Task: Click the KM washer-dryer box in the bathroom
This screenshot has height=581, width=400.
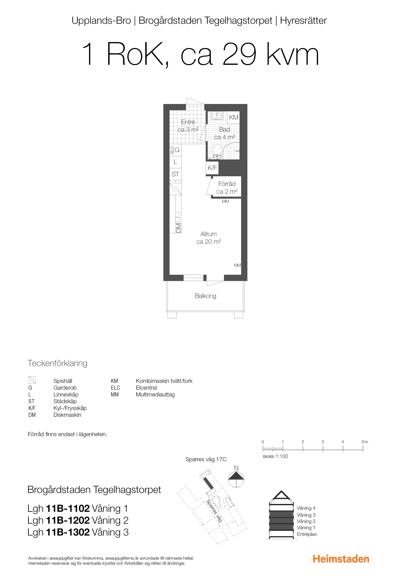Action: [x=233, y=118]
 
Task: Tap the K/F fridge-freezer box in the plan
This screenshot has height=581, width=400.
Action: [x=212, y=168]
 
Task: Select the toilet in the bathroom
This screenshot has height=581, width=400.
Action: [x=217, y=152]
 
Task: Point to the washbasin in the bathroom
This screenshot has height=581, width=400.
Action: [x=217, y=116]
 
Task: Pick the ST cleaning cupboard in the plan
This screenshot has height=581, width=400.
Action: [x=175, y=174]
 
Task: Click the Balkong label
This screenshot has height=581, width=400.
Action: [x=206, y=296]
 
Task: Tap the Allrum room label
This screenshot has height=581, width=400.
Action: [x=208, y=234]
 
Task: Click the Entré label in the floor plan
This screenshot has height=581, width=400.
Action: [x=188, y=122]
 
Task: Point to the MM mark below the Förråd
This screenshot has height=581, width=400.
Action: [x=225, y=201]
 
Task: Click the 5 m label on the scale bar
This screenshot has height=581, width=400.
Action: [x=365, y=442]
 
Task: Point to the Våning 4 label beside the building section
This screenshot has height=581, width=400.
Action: [x=306, y=508]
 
